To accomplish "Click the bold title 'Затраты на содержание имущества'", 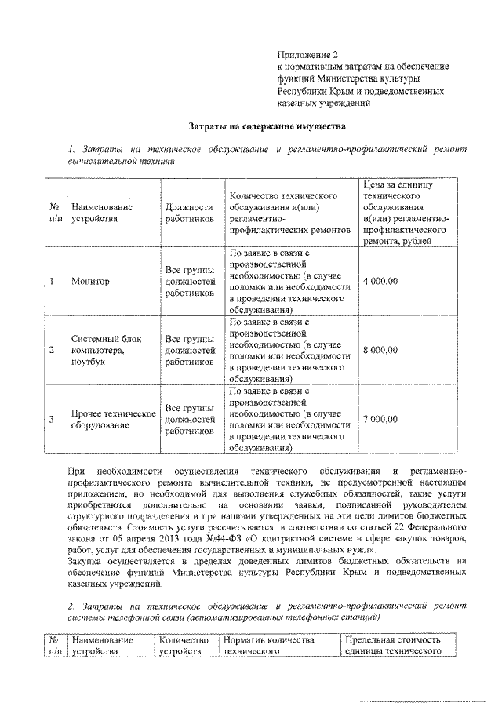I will coord(267,126).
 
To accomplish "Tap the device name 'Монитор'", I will coord(89,281).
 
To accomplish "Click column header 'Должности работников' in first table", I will coord(190,213).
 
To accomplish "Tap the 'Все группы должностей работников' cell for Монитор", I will coord(190,281).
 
